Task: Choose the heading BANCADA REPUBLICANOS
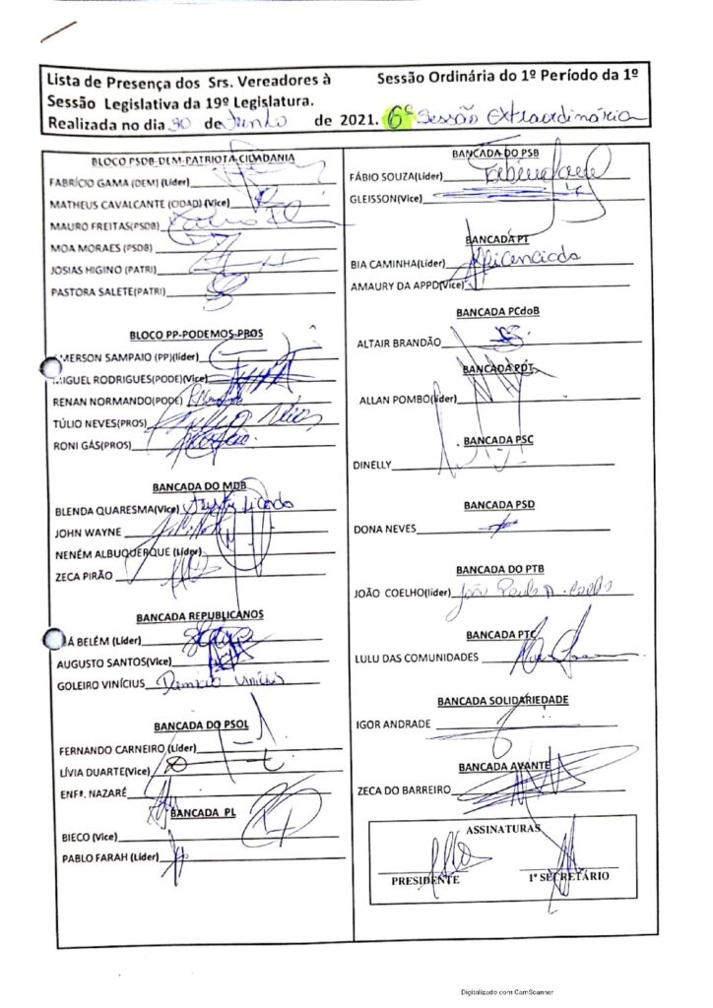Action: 200,617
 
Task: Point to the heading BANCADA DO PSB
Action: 495,156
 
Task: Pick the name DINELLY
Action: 371,464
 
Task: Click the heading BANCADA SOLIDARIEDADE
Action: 503,701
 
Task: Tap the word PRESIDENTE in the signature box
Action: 424,880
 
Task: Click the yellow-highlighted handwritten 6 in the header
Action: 396,121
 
